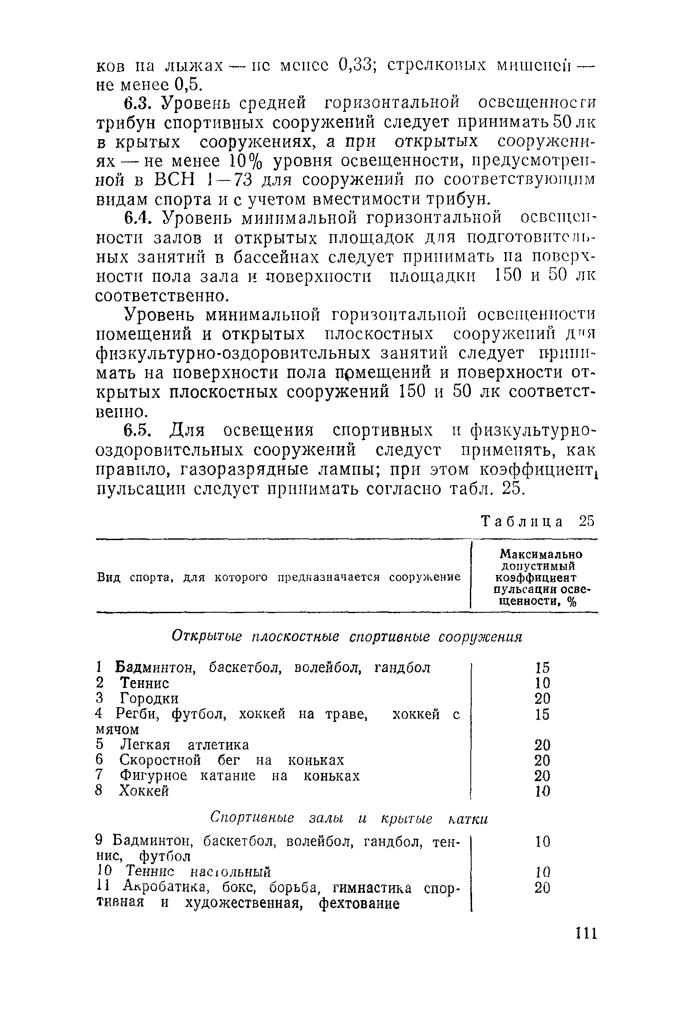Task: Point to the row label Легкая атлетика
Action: (x=184, y=745)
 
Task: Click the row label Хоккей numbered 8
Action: (x=144, y=791)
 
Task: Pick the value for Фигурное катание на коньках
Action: (x=542, y=776)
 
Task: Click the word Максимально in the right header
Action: (x=542, y=554)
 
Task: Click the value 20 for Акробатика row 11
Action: (x=542, y=888)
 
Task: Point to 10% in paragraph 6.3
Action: (x=244, y=161)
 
